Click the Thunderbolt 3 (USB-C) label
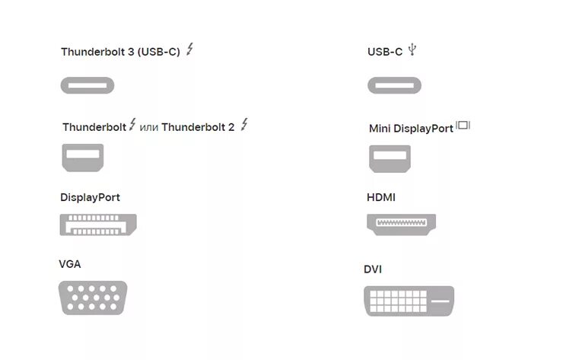click(x=120, y=52)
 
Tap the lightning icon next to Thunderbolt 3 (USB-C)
click(x=190, y=49)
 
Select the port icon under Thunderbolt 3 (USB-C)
click(x=87, y=84)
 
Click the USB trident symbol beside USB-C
click(x=412, y=50)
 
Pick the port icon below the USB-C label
click(x=395, y=84)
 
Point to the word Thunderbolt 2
click(x=198, y=127)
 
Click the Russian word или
click(x=149, y=128)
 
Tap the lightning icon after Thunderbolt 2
click(x=244, y=125)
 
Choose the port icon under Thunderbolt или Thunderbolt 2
click(x=82, y=157)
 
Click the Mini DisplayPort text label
click(x=411, y=129)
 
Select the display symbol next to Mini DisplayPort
click(x=463, y=126)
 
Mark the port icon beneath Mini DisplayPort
click(x=390, y=157)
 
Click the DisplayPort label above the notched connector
click(x=90, y=197)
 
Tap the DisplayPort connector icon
click(x=98, y=225)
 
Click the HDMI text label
click(x=381, y=197)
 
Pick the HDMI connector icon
click(x=402, y=224)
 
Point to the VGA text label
click(x=69, y=264)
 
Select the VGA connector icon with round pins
click(x=93, y=298)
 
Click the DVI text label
click(x=373, y=269)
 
